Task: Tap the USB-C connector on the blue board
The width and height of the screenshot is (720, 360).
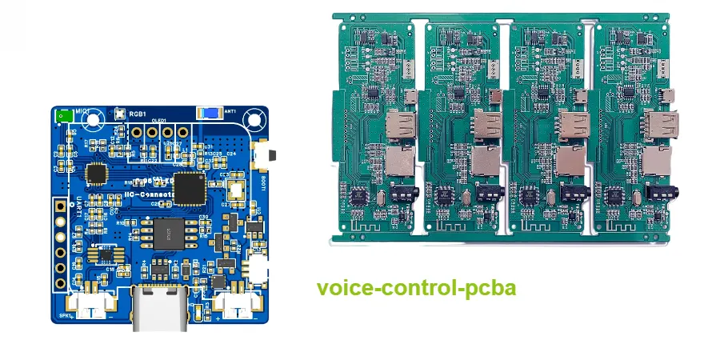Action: pyautogui.click(x=161, y=309)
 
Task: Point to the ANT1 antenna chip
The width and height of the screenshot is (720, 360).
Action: pyautogui.click(x=210, y=114)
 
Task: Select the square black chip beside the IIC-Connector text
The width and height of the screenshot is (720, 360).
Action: pyautogui.click(x=190, y=187)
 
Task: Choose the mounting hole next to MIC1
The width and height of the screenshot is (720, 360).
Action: pyautogui.click(x=94, y=121)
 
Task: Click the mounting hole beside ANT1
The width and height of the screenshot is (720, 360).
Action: pyautogui.click(x=254, y=121)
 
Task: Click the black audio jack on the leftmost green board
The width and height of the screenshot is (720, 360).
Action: pyautogui.click(x=401, y=194)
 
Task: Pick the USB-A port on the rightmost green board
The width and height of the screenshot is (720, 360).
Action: pyautogui.click(x=661, y=125)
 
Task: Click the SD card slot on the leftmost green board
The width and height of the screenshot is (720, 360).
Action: pyautogui.click(x=400, y=162)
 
